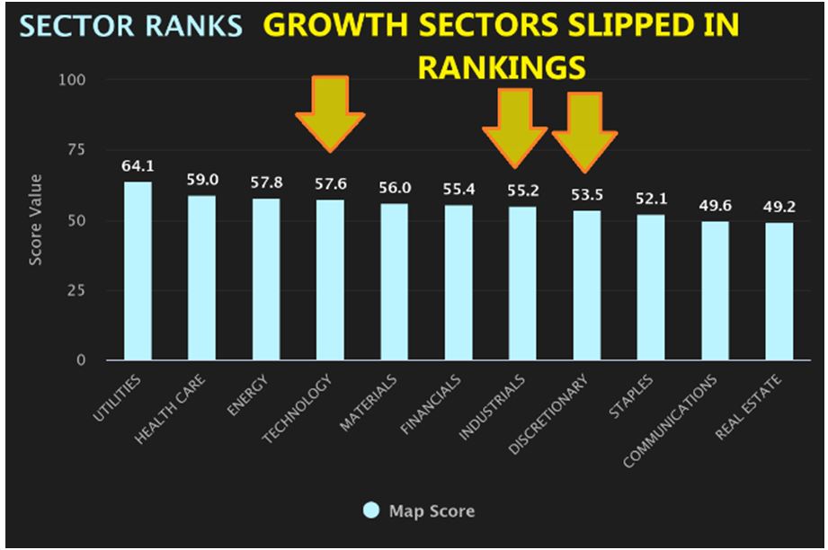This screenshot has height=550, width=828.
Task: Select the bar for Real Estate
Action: click(x=779, y=292)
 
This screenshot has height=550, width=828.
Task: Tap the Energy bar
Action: click(x=266, y=279)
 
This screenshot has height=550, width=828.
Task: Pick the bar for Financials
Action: click(x=459, y=283)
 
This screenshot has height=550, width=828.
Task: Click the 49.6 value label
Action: click(x=716, y=206)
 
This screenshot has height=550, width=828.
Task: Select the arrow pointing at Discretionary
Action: click(x=584, y=131)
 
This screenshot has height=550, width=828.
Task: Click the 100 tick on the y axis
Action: click(x=72, y=80)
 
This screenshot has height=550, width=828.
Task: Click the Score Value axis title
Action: click(x=37, y=221)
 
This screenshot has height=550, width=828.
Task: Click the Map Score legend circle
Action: click(x=370, y=511)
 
